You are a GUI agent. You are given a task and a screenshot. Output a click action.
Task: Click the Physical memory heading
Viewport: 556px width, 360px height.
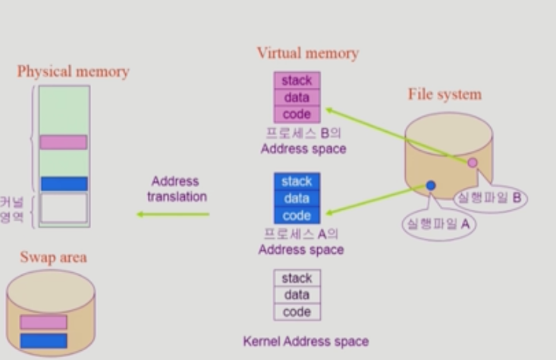(73, 72)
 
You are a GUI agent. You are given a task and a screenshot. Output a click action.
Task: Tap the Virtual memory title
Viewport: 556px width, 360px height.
(307, 53)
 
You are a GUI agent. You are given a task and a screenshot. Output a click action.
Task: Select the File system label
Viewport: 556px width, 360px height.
(444, 95)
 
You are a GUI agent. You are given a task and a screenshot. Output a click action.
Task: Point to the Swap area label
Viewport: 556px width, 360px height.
(53, 258)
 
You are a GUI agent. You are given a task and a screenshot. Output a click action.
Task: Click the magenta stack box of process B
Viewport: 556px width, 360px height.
(297, 80)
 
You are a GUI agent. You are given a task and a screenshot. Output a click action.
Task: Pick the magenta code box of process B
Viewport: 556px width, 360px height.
(297, 114)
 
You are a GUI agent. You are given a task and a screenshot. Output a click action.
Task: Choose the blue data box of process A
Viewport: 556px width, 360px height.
(297, 199)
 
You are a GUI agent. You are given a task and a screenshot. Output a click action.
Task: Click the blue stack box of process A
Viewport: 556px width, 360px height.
(297, 182)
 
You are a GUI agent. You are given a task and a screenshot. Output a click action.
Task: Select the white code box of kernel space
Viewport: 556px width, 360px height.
(297, 311)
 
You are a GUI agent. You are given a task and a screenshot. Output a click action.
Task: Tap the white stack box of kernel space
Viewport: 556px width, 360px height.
(297, 278)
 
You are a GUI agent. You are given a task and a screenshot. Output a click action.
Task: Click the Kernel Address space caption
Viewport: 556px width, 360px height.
(306, 341)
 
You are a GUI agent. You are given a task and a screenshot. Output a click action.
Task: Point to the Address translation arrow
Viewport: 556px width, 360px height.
(173, 214)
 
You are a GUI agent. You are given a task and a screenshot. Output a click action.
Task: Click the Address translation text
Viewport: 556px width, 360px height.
(176, 189)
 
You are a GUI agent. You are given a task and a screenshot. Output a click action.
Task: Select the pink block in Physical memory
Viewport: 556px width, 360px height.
(64, 142)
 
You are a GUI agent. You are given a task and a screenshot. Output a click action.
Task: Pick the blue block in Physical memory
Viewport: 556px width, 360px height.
(64, 183)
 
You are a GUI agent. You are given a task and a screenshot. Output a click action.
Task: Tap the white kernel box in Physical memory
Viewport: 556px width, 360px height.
(64, 208)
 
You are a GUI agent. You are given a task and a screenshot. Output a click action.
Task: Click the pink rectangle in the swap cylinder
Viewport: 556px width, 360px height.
(43, 322)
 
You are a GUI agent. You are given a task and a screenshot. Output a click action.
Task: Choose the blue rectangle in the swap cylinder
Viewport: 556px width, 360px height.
(43, 340)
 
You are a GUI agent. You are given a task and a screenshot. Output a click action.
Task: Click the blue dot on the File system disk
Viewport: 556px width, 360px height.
(431, 186)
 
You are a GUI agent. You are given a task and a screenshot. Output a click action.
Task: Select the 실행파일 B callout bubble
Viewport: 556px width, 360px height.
(489, 197)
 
